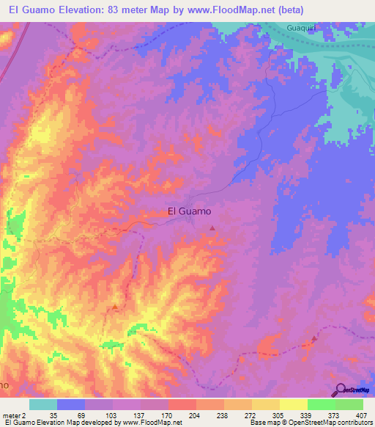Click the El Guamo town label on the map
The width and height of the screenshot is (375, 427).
189,211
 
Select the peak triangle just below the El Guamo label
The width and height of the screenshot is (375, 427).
212,228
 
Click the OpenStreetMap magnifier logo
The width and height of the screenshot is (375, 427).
341,390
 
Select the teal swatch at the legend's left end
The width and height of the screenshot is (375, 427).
43,404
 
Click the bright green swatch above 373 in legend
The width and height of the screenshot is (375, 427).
321,404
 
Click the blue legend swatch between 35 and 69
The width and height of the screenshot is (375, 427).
71,404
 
